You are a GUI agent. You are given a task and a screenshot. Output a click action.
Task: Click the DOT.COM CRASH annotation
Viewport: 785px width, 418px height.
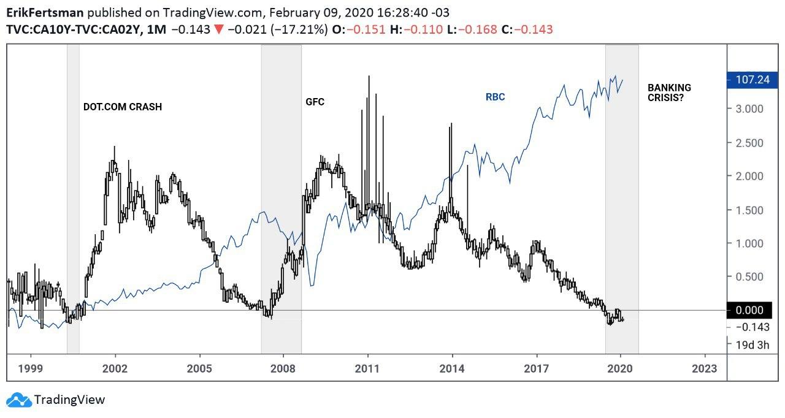pos(123,107)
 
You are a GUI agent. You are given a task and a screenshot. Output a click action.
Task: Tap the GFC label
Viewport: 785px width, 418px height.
pos(315,102)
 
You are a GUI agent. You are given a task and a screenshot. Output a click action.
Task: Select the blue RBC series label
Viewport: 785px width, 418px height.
pos(495,97)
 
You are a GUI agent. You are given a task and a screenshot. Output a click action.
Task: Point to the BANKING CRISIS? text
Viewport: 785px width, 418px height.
pos(669,93)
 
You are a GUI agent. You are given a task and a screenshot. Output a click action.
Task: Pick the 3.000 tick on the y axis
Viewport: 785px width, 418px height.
pos(749,109)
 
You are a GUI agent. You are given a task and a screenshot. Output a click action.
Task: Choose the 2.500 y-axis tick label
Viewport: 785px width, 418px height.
pos(749,143)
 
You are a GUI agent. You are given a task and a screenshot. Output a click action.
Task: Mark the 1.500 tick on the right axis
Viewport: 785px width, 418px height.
pos(749,210)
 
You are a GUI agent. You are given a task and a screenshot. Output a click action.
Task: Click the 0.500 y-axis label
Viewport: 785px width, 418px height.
pos(749,277)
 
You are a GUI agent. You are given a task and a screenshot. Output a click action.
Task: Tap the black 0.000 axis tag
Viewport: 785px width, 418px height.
pos(749,311)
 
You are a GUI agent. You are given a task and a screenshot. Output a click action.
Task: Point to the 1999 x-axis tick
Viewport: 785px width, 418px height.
pos(30,369)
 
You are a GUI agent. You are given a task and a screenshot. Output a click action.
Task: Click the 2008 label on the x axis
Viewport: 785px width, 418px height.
pos(283,369)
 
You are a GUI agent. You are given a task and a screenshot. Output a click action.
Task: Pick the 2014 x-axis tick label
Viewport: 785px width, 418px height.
pos(452,369)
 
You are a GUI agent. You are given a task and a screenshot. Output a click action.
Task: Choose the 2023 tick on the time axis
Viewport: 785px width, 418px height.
pos(705,369)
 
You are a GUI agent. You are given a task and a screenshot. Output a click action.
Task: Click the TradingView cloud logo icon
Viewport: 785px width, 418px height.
pos(18,400)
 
